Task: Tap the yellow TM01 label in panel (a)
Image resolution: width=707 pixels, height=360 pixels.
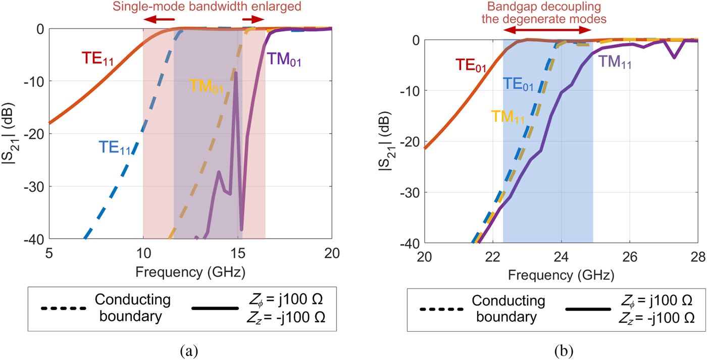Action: pyautogui.click(x=206, y=85)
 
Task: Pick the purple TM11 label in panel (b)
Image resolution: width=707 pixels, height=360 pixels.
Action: pyautogui.click(x=615, y=62)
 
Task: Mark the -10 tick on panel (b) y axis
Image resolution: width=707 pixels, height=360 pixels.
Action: pyautogui.click(x=410, y=90)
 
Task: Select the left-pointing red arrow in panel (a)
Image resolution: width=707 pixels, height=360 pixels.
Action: pyautogui.click(x=156, y=19)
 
